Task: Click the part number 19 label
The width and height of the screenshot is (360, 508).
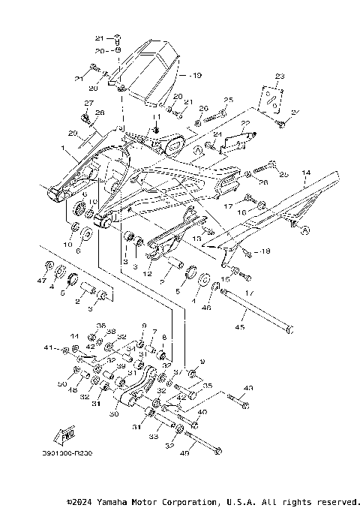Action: coord(197,76)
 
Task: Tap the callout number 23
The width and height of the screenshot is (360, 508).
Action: coord(280,77)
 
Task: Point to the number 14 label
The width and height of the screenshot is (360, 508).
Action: coord(305,173)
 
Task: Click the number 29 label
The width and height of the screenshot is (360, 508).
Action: coord(72,133)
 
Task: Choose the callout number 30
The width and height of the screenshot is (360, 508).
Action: coord(113,413)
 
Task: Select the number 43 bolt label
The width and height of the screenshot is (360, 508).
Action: coord(249,388)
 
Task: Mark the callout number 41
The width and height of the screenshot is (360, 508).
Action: coord(47,349)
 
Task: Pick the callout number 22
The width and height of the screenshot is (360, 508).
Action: coord(244,123)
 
